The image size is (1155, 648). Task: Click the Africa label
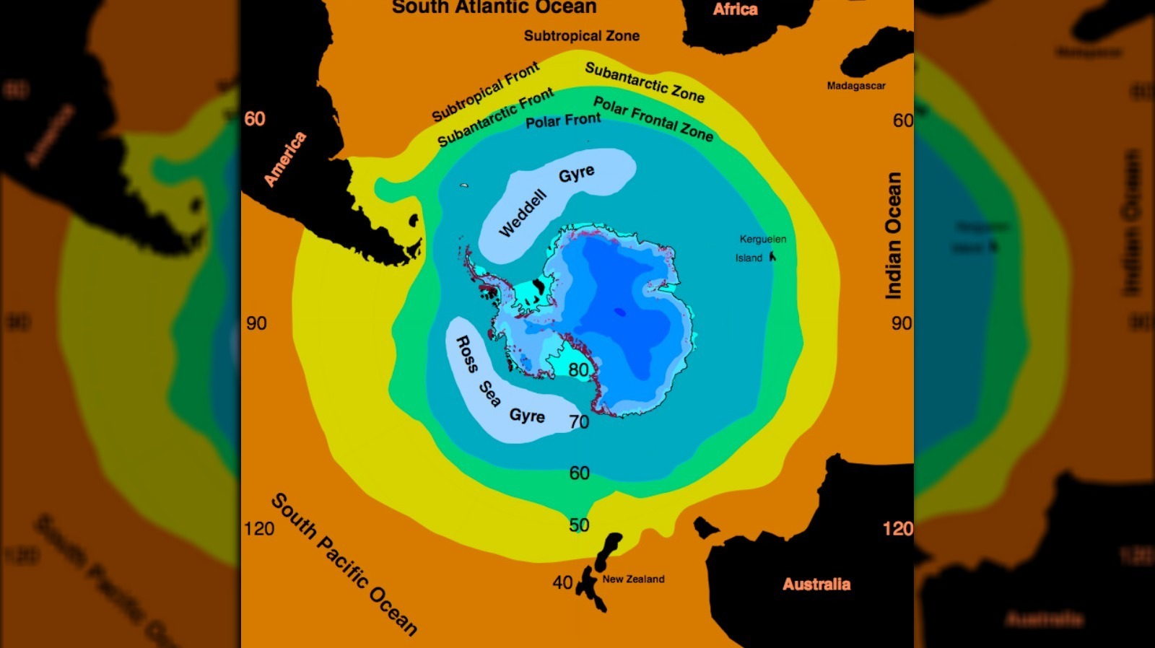(735, 9)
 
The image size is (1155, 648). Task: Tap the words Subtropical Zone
(581, 35)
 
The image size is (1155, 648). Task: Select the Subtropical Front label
(485, 92)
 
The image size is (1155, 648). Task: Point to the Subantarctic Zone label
(644, 82)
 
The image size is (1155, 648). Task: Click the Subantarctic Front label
(495, 117)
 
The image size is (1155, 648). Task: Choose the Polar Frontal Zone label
(653, 119)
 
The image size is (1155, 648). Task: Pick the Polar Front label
(562, 121)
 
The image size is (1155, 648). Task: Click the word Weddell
(523, 214)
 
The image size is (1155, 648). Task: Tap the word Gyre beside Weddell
(576, 174)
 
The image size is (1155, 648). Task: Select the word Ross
(466, 354)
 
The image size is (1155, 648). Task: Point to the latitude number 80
(578, 370)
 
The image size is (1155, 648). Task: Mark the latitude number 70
(579, 421)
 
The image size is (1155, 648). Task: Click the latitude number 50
(579, 525)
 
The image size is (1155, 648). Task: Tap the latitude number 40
(562, 582)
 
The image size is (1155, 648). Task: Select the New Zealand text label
(633, 579)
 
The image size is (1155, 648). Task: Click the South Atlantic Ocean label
(494, 7)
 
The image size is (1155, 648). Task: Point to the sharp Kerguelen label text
(762, 239)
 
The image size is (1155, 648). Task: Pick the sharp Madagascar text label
(855, 86)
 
